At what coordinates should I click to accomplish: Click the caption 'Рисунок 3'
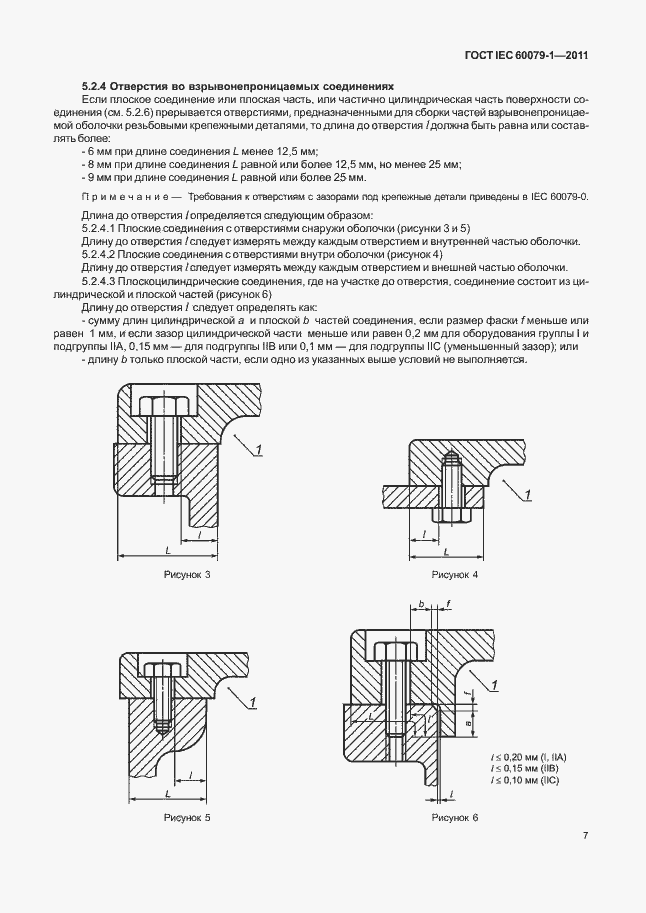(187, 576)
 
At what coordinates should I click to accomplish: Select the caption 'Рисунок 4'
(455, 576)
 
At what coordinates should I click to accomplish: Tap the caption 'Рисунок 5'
(187, 818)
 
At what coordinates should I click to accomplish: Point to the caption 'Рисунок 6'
(455, 818)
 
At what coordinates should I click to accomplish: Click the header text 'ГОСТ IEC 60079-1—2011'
(522, 55)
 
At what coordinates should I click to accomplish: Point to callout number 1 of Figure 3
(257, 452)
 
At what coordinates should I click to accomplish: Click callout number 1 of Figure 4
(528, 493)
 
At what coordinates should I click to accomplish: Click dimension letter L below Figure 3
(167, 549)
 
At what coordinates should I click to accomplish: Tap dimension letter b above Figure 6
(422, 605)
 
